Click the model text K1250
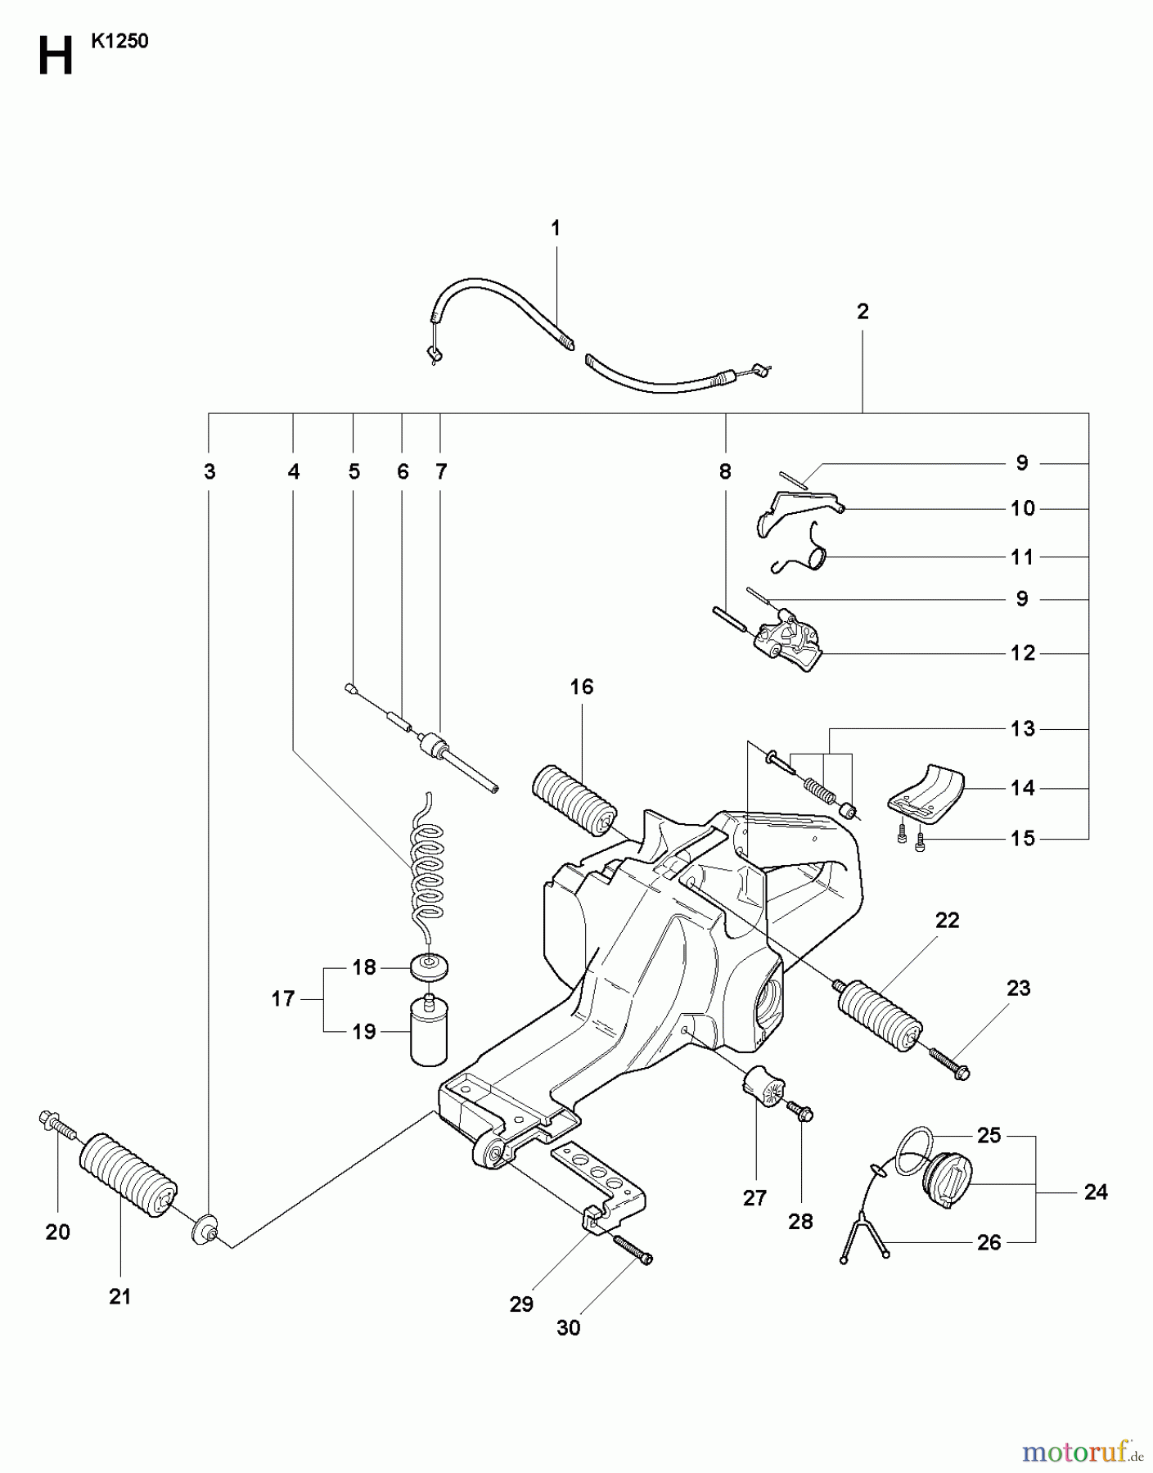tap(119, 42)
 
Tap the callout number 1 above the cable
tap(556, 228)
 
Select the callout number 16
tap(581, 687)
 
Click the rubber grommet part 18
tap(430, 966)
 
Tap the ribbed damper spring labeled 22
tap(879, 1011)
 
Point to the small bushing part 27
tap(763, 1087)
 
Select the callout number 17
tap(282, 998)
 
